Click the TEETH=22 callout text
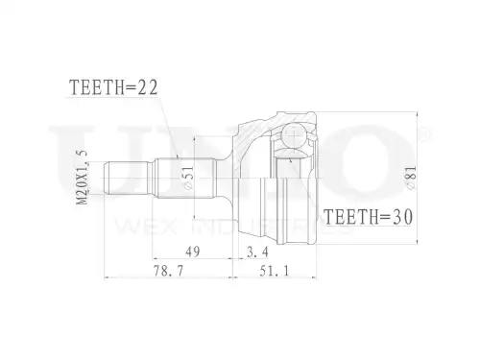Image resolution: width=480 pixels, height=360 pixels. [x=113, y=87]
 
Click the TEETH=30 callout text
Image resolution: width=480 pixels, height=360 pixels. [x=369, y=217]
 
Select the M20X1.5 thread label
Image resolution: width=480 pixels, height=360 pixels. [x=83, y=177]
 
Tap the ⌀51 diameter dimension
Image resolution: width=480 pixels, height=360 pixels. [x=189, y=178]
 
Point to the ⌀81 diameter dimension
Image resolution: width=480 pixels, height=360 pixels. [x=411, y=178]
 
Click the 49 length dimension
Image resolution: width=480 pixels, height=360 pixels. [x=193, y=252]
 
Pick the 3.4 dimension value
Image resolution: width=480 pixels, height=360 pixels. [x=258, y=252]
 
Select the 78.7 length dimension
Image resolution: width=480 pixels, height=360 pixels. [x=169, y=272]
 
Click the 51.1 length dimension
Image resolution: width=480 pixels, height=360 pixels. [x=275, y=272]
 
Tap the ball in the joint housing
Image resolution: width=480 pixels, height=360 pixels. [x=293, y=135]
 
